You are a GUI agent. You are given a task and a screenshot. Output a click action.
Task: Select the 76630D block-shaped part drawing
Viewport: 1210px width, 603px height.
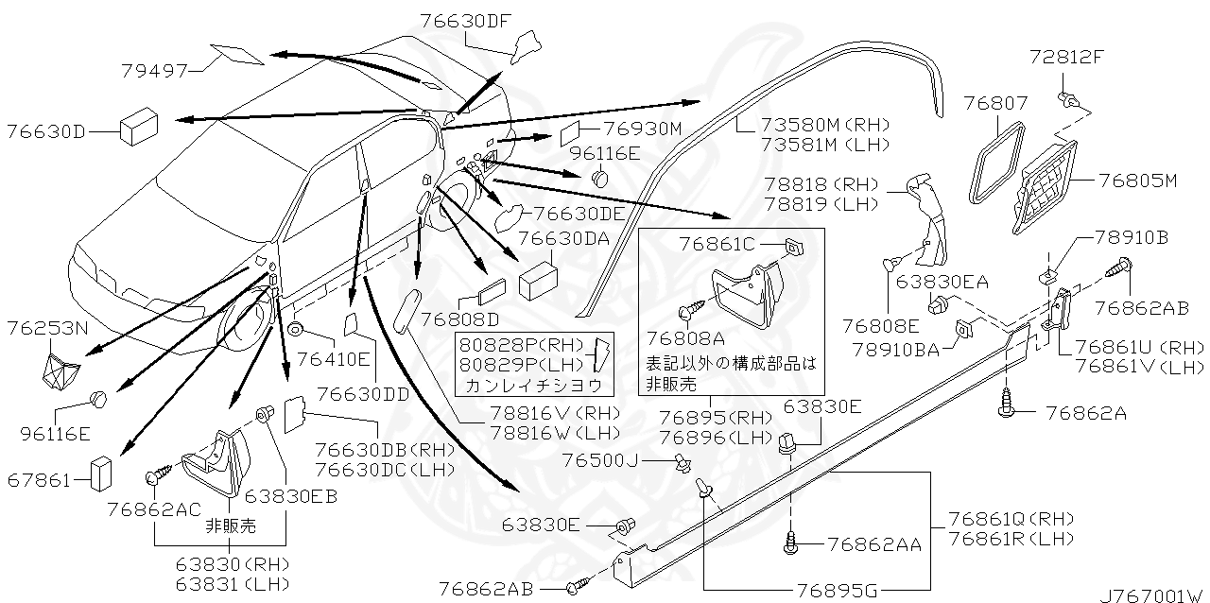pyautogui.click(x=138, y=124)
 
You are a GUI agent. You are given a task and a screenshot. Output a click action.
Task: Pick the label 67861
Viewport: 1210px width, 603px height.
pyautogui.click(x=39, y=480)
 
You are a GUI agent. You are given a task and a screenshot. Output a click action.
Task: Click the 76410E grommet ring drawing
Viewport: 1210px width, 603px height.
pyautogui.click(x=295, y=330)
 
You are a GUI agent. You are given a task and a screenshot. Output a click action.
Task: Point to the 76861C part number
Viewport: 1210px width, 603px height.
pyautogui.click(x=717, y=245)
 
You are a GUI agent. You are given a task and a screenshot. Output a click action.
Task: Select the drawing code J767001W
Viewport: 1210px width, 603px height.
pyautogui.click(x=1152, y=594)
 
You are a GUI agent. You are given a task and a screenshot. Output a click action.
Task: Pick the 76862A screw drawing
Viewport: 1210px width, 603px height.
pyautogui.click(x=1008, y=403)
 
